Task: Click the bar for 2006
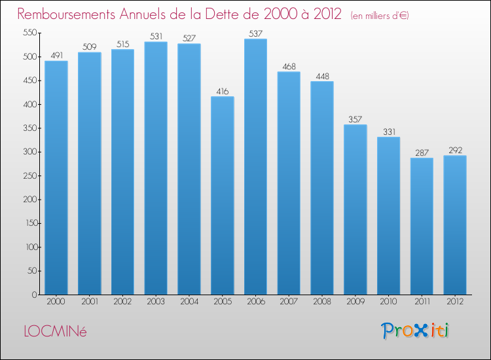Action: [x=255, y=167]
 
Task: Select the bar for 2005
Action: [x=222, y=196]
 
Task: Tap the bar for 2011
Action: [x=422, y=226]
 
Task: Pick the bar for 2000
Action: [x=56, y=177]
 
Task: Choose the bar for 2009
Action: [x=355, y=209]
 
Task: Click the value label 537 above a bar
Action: [x=255, y=33]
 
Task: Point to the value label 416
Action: [x=222, y=91]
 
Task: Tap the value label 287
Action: [x=422, y=152]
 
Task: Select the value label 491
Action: [x=56, y=55]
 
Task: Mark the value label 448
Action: [x=321, y=75]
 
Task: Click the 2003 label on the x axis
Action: [x=156, y=302]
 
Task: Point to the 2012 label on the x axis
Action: [x=455, y=302]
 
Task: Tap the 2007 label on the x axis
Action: [x=289, y=302]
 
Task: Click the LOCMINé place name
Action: [x=54, y=331]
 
